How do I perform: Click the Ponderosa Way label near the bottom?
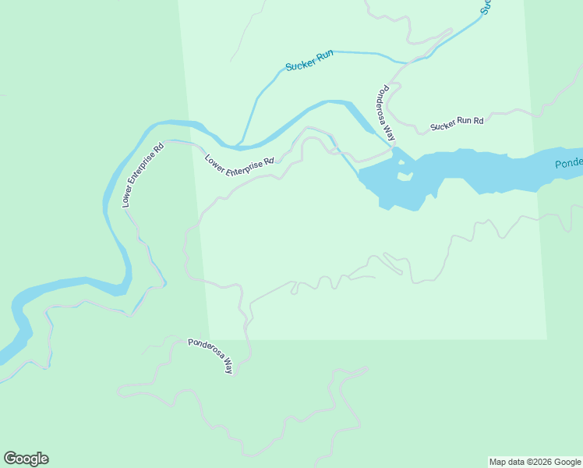pos(210,354)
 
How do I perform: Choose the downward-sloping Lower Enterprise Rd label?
pos(239,165)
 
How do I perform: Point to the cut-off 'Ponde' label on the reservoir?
pos(568,165)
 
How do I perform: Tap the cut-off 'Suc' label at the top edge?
pos(486,7)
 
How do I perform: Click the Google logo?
pos(26,459)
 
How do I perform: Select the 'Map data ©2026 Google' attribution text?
pos(535,462)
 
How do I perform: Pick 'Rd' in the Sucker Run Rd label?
pos(479,120)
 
